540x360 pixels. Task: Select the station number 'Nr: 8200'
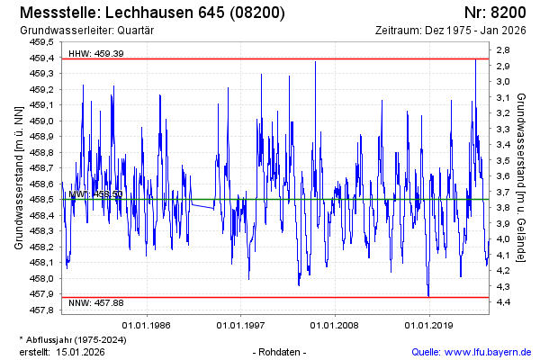tap(495, 13)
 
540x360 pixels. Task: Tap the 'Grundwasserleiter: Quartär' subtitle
tap(87, 31)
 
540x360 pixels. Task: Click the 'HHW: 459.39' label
tap(96, 54)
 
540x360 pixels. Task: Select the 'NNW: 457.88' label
tap(96, 304)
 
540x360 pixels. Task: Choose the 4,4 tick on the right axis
tap(504, 301)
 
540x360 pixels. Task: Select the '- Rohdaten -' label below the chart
tap(281, 351)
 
